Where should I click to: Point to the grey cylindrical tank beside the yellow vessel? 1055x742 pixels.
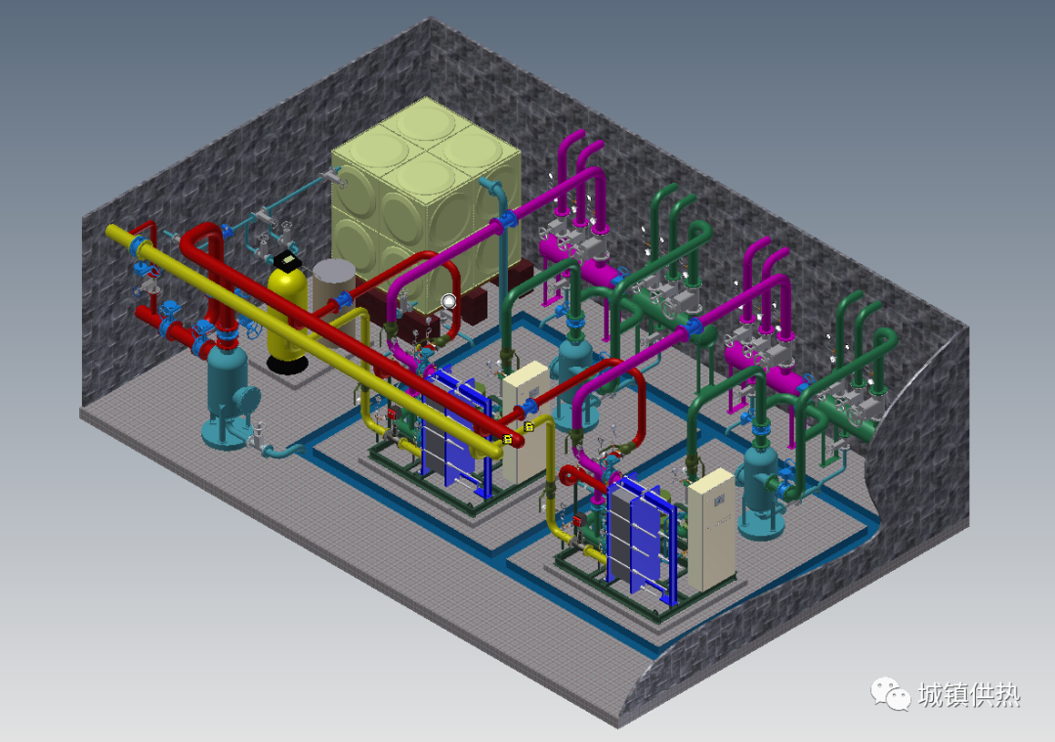point(334,289)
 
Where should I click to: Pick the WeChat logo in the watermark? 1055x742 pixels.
point(891,693)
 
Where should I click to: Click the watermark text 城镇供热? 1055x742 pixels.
point(969,695)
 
